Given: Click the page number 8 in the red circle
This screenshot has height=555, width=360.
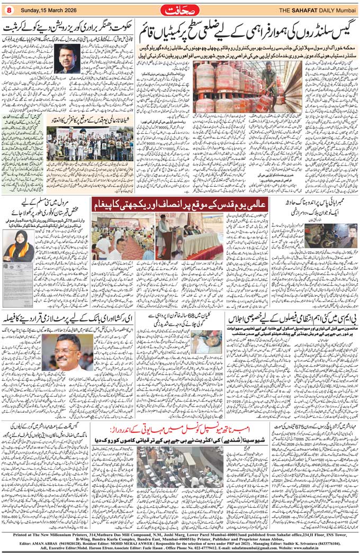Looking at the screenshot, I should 8,10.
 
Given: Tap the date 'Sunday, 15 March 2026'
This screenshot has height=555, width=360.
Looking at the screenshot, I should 46,10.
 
